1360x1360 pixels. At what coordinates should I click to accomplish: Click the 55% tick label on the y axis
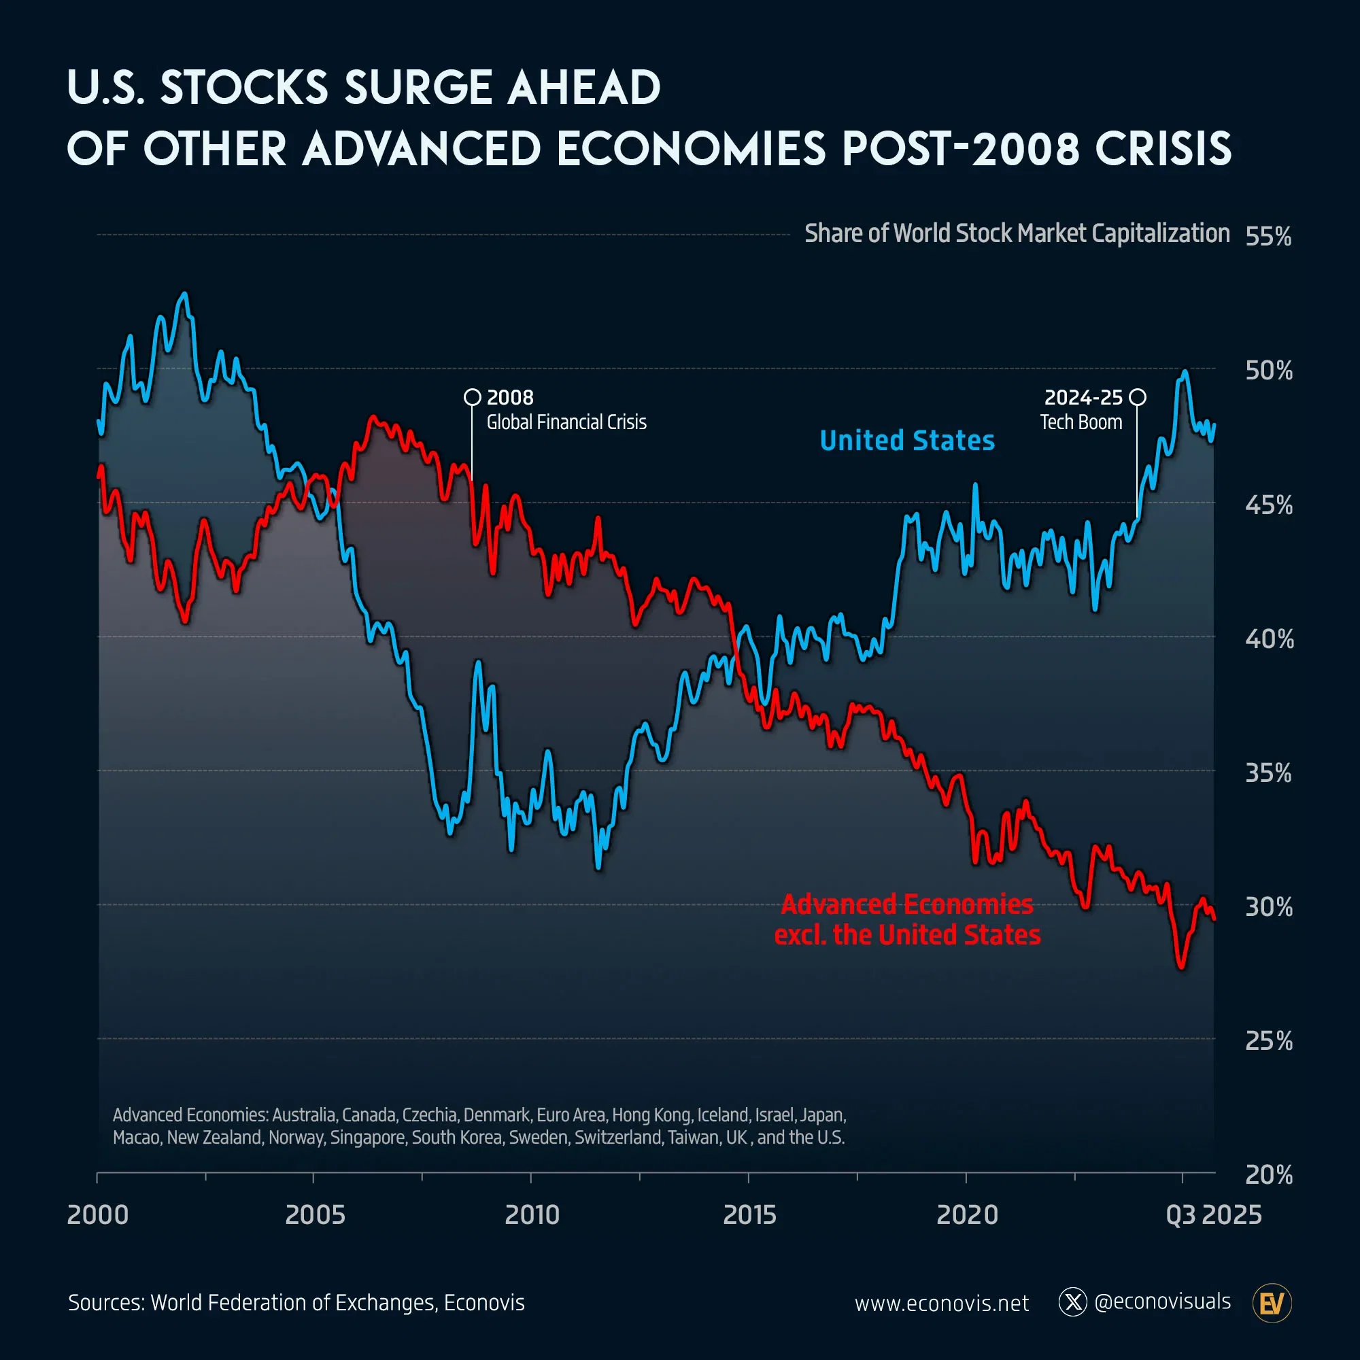(1268, 237)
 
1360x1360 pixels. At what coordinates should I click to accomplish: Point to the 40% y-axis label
(1268, 639)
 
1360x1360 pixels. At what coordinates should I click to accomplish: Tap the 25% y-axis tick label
(1268, 1041)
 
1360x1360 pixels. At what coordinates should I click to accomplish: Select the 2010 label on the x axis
(532, 1215)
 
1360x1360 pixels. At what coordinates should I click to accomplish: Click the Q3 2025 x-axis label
(1214, 1215)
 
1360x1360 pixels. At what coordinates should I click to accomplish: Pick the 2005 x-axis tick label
(315, 1215)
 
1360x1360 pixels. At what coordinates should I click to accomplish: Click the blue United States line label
(906, 441)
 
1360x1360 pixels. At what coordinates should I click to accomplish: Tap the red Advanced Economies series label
(906, 919)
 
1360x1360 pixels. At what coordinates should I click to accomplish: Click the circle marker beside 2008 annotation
(473, 397)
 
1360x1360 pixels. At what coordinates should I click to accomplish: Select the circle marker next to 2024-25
(1137, 397)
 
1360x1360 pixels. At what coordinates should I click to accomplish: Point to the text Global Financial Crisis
(566, 422)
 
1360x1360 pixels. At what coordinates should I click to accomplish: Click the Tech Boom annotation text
(1081, 422)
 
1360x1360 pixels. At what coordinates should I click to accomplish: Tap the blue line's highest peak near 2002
(184, 294)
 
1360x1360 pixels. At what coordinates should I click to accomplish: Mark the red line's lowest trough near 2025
(1181, 968)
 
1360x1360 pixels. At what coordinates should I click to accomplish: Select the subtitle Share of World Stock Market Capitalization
(1017, 234)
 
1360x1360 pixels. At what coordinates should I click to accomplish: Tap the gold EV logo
(1272, 1303)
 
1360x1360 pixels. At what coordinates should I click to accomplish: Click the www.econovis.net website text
(941, 1304)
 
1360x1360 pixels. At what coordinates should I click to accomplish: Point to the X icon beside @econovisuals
(1073, 1302)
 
